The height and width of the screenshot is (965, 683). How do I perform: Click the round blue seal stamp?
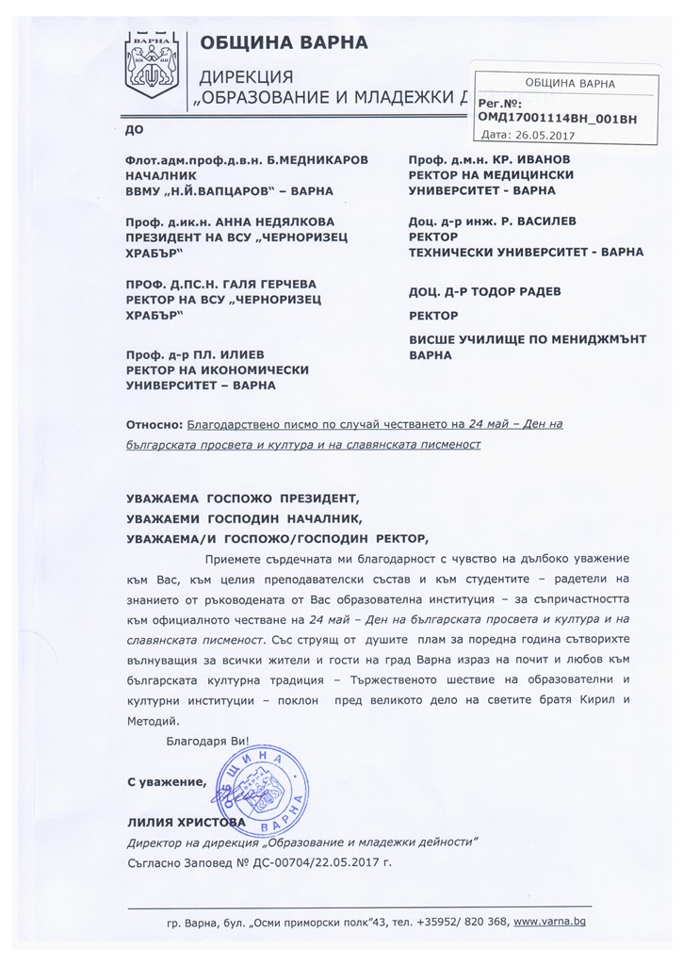point(263,788)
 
